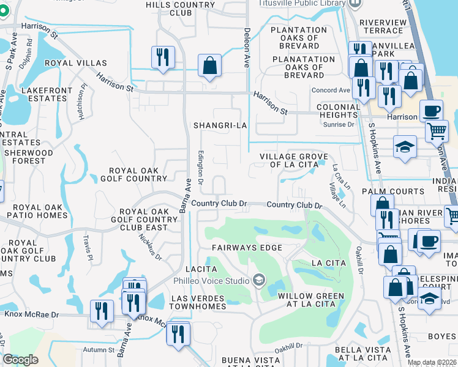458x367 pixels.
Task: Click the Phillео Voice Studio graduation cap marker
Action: pos(258,281)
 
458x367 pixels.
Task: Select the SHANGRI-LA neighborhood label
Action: pos(220,125)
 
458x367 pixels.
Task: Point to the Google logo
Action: pos(20,359)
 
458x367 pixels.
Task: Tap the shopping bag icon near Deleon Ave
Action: pos(209,66)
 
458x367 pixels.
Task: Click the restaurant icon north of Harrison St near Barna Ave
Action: pos(163,57)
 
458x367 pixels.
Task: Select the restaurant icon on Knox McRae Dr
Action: pos(102,310)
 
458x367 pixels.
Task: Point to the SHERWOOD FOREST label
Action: pos(27,157)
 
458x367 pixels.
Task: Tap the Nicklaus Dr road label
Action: pos(149,246)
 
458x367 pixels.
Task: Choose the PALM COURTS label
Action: pos(402,191)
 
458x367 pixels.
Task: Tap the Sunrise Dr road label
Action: pos(342,124)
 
